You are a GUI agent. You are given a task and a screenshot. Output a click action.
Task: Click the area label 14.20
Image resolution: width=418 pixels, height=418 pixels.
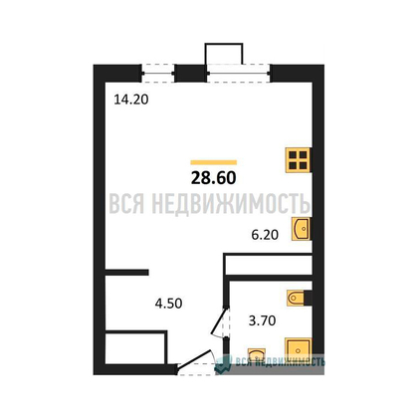coord(131,100)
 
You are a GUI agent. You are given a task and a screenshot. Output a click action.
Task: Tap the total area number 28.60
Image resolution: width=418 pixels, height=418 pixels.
coord(214,178)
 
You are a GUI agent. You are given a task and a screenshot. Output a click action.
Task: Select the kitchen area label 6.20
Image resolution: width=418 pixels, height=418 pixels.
coord(265,235)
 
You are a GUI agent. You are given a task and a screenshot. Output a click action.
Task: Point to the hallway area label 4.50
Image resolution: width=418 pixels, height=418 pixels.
coord(168,304)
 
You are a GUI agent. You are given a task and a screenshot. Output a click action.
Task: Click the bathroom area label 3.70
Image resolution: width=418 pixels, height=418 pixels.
coord(262,320)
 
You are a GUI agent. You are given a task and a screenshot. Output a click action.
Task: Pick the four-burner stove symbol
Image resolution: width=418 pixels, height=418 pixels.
coord(298,160)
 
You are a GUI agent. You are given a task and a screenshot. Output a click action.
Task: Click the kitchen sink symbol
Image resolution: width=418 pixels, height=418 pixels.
coord(301,229)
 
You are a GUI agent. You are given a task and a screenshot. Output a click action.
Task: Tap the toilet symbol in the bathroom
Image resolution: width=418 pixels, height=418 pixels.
coord(297,298)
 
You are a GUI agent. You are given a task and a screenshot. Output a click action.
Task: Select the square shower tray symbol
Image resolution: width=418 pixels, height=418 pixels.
coord(299,350)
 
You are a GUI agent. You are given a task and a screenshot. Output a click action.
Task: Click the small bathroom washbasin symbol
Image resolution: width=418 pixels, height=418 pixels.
coord(257,353)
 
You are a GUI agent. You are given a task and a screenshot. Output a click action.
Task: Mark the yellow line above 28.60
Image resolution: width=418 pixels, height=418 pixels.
coord(214,162)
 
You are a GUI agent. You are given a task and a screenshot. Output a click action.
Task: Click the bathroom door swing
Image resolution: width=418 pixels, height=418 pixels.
coord(220,322)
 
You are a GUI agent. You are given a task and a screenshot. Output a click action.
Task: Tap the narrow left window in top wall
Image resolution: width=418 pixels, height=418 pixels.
coord(158,74)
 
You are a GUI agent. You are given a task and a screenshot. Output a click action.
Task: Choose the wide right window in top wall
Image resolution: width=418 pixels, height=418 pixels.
coord(239,74)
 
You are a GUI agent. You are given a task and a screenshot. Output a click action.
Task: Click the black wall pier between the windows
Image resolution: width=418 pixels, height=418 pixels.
coord(191,74)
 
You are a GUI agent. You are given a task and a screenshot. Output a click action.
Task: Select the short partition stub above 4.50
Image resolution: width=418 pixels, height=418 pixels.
coord(126,273)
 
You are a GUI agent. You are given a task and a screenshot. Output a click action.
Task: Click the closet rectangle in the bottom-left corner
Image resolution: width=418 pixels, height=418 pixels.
coord(135,347)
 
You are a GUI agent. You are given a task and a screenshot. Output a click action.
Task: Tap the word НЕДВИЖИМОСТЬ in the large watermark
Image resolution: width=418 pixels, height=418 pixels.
coord(231,203)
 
